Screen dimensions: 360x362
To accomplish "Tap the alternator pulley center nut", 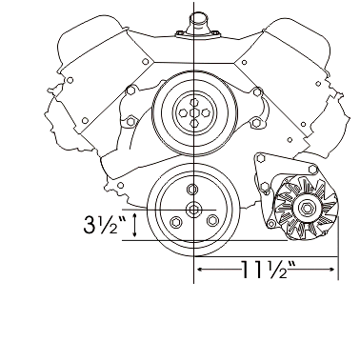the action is pos(307,209).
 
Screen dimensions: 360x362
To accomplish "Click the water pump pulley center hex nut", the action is pos(193,112).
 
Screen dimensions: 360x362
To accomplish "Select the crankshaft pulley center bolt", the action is pos(192,210).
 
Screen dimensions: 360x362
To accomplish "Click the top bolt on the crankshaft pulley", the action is pos(191,190).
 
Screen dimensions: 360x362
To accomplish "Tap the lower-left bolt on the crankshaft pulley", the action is pos(174,222).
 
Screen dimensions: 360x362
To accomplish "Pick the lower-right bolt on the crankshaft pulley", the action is pos(212,220).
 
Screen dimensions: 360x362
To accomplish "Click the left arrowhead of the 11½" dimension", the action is pos(200,270).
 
